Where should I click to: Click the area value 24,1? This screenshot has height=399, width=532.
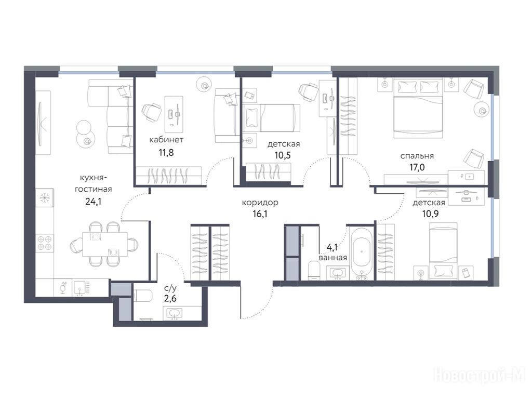[x=94, y=202]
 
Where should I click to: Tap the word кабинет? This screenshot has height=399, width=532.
[x=166, y=139]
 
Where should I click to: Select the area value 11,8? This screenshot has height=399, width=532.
[x=166, y=152]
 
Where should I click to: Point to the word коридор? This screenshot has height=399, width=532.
[x=260, y=203]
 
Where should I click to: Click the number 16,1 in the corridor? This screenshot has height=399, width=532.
[x=260, y=214]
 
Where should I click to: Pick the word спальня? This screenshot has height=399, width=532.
[x=417, y=156]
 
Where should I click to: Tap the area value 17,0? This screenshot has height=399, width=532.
[x=417, y=167]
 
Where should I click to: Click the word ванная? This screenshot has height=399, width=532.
[x=333, y=258]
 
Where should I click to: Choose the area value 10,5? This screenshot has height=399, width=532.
[x=283, y=155]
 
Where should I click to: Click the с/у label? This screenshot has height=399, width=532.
[x=170, y=288]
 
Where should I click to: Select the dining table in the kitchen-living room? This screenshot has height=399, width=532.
[x=105, y=244]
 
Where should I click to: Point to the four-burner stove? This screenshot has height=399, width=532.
[x=45, y=242]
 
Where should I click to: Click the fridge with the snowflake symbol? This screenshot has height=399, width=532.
[x=45, y=198]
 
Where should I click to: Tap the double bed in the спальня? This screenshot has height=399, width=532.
[x=418, y=109]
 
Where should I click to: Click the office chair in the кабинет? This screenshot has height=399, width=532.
[x=151, y=112]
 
